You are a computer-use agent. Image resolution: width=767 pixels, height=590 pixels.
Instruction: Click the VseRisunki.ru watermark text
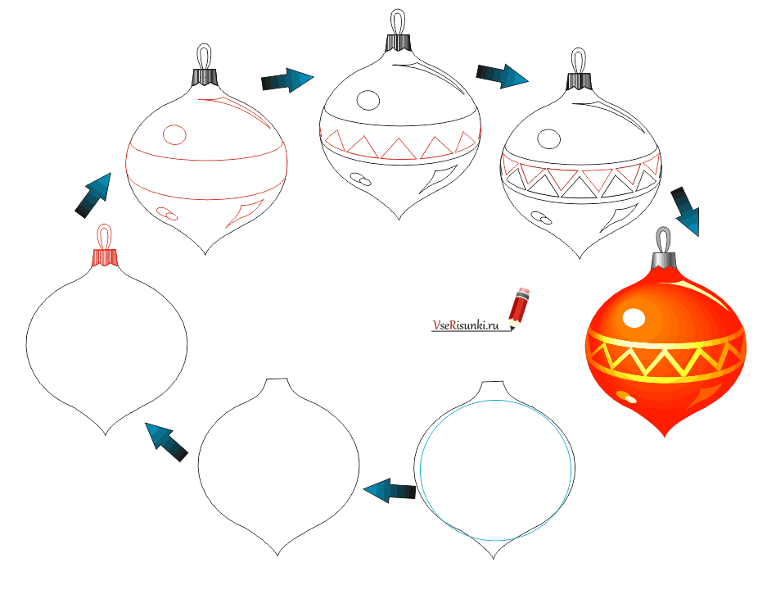click(x=465, y=325)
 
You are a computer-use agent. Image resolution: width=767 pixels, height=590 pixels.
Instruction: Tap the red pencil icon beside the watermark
click(x=519, y=307)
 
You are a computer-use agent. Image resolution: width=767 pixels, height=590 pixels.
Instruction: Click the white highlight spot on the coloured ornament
click(x=634, y=318)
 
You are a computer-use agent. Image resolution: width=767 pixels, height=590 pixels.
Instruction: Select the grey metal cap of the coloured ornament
click(x=663, y=260)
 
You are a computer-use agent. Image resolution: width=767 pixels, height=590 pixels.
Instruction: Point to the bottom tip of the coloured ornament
click(x=665, y=435)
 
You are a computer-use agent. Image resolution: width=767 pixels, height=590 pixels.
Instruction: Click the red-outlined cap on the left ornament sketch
click(x=105, y=257)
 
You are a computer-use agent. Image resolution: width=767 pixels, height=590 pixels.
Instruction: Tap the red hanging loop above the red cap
click(x=105, y=238)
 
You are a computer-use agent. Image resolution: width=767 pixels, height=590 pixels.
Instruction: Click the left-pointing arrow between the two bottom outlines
click(x=390, y=490)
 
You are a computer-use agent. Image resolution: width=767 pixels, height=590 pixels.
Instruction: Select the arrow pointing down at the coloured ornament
click(x=686, y=211)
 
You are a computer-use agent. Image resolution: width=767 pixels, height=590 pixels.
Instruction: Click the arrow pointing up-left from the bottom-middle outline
click(x=166, y=441)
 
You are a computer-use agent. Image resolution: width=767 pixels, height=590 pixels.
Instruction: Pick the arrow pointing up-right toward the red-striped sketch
click(x=93, y=195)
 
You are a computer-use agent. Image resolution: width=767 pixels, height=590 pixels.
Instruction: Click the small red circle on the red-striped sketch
click(x=174, y=134)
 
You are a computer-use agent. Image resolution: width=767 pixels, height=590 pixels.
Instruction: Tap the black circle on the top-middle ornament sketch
click(x=368, y=101)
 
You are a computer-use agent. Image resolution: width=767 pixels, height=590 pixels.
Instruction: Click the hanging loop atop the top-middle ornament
click(x=398, y=21)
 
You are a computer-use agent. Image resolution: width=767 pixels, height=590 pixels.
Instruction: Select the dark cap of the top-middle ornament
click(x=398, y=43)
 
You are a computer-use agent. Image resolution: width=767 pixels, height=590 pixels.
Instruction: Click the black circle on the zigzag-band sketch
click(x=548, y=139)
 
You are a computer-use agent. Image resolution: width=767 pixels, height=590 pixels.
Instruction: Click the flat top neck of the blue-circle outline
click(x=493, y=381)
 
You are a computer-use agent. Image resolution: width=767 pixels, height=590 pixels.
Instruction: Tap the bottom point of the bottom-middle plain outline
click(x=277, y=555)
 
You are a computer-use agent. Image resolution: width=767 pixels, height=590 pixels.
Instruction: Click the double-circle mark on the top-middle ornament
click(x=361, y=179)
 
